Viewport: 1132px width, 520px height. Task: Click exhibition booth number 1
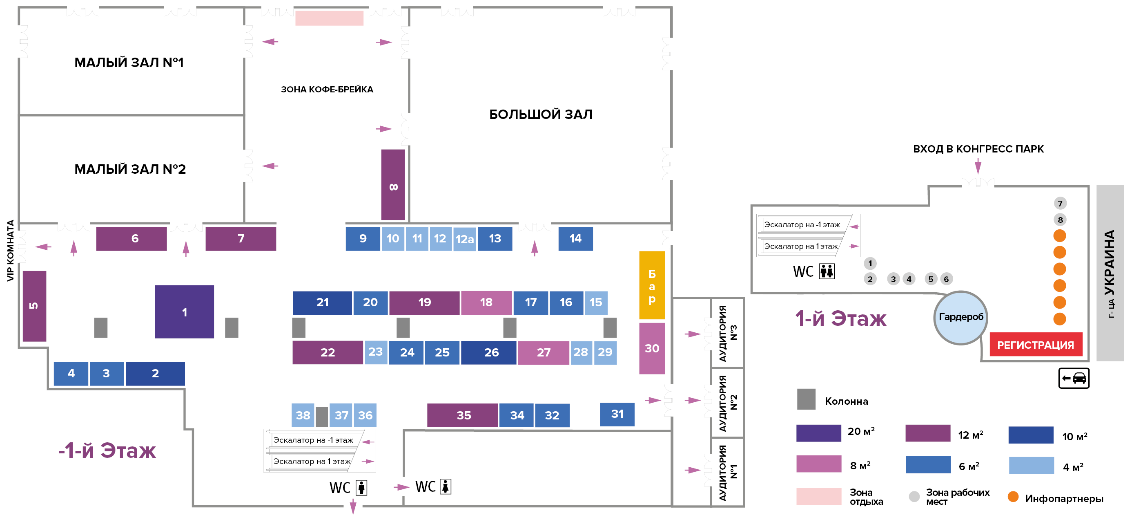pyautogui.click(x=184, y=312)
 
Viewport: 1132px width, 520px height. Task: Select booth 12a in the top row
pyautogui.click(x=464, y=239)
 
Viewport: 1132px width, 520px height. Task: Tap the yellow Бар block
pyautogui.click(x=652, y=285)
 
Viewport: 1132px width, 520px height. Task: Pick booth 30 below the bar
pyautogui.click(x=652, y=348)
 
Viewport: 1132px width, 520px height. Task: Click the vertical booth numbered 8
pyautogui.click(x=393, y=185)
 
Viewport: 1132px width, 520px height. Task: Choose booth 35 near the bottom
pyautogui.click(x=463, y=415)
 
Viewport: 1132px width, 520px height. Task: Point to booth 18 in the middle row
pyautogui.click(x=486, y=302)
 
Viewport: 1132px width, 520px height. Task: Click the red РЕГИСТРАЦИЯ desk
pyautogui.click(x=1035, y=345)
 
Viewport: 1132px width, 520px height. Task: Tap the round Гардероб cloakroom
pyautogui.click(x=960, y=317)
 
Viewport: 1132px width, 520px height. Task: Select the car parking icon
pyautogui.click(x=1074, y=378)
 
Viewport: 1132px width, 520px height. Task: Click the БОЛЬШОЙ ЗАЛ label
pyautogui.click(x=541, y=114)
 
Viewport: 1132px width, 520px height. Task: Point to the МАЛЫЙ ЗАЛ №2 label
pyautogui.click(x=130, y=169)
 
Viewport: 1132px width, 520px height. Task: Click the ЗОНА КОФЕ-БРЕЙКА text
pyautogui.click(x=327, y=89)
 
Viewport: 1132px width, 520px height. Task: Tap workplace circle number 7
pyautogui.click(x=1060, y=203)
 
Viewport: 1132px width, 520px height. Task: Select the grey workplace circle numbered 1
pyautogui.click(x=870, y=264)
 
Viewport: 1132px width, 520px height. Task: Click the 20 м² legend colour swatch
pyautogui.click(x=818, y=433)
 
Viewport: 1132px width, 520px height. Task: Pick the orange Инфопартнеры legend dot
pyautogui.click(x=1013, y=497)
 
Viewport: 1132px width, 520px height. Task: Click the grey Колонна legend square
pyautogui.click(x=806, y=399)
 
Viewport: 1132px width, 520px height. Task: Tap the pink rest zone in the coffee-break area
pyautogui.click(x=329, y=18)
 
